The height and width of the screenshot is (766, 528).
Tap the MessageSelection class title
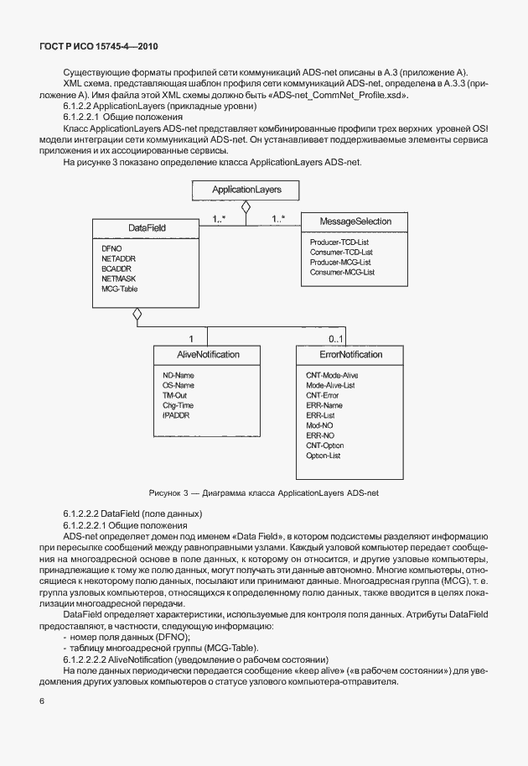pyautogui.click(x=344, y=221)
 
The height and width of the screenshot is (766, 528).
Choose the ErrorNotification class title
pyautogui.click(x=344, y=355)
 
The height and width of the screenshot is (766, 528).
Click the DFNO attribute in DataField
pyautogui.click(x=111, y=250)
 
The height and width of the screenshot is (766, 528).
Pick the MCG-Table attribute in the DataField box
pyautogui.click(x=120, y=289)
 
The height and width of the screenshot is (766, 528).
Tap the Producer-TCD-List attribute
pyautogui.click(x=339, y=242)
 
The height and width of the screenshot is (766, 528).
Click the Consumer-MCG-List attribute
pyautogui.click(x=341, y=273)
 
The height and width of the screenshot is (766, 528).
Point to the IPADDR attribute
pyautogui.click(x=176, y=415)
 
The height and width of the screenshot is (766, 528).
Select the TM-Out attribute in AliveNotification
pyautogui.click(x=176, y=395)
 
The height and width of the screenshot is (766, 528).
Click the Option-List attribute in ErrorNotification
pyautogui.click(x=324, y=456)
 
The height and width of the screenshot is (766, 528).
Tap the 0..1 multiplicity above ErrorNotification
pyautogui.click(x=335, y=339)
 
